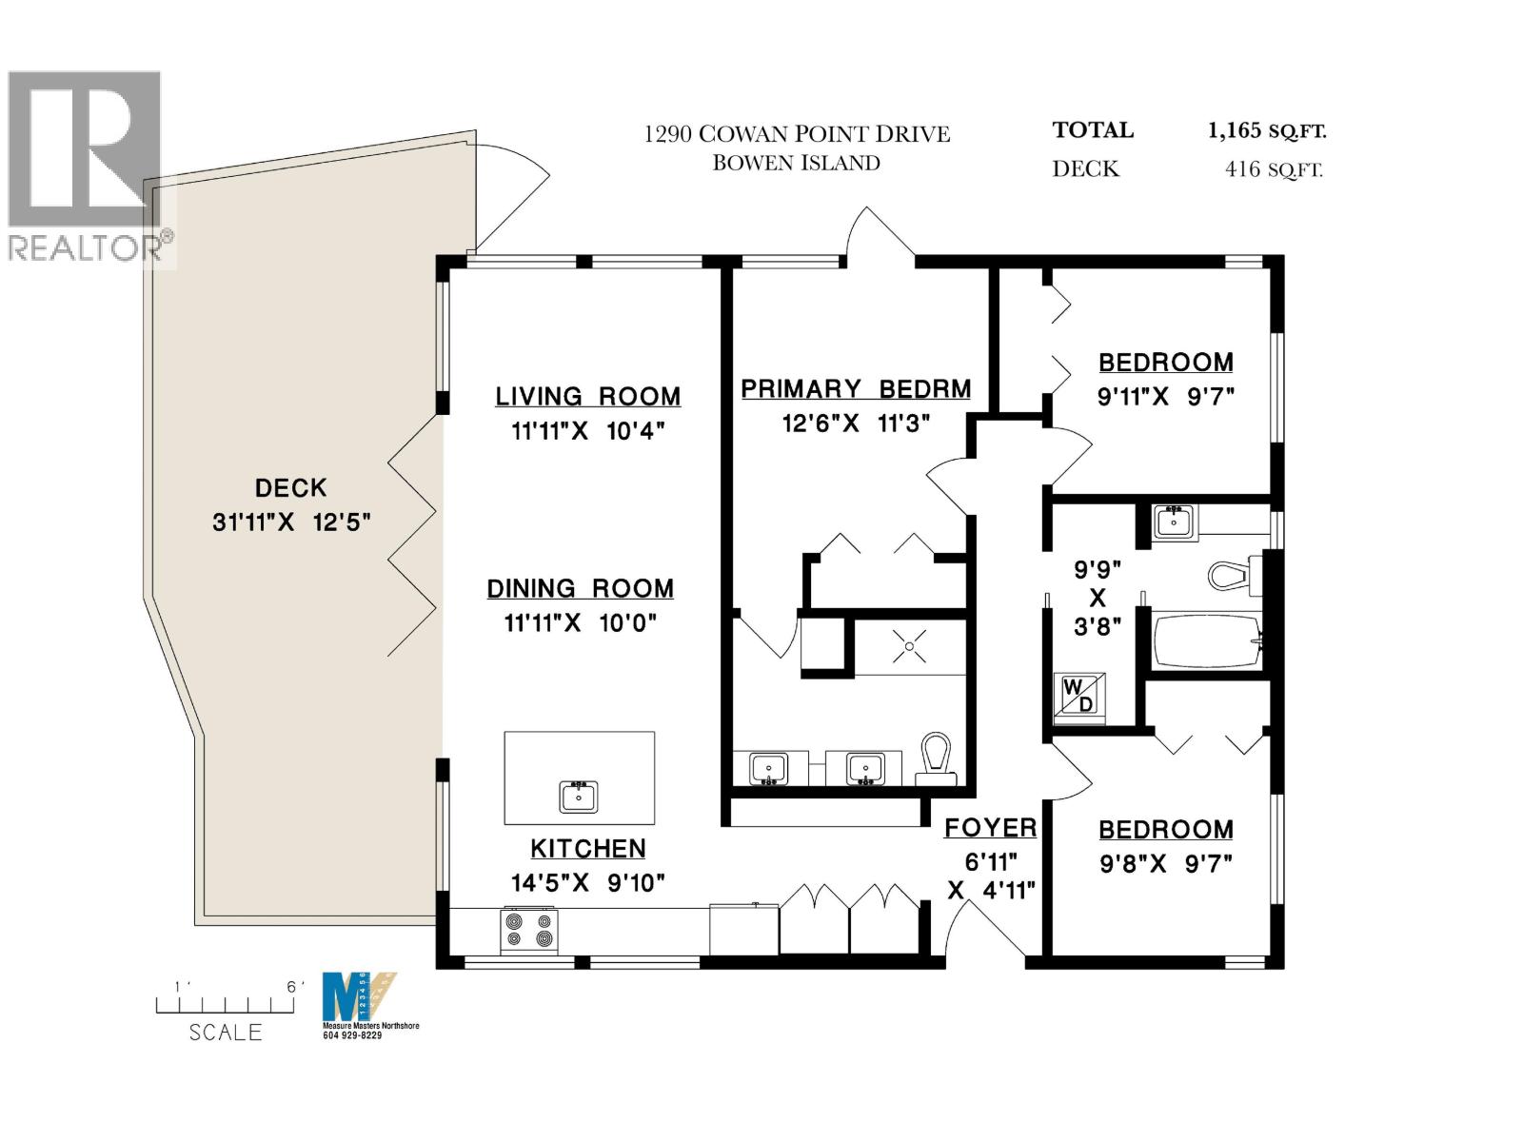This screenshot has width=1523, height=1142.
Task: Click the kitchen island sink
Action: point(579,796)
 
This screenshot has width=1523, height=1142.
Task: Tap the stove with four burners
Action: point(529,930)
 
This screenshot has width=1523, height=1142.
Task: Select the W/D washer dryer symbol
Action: point(1079,696)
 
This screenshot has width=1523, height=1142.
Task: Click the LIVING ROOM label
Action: point(587,396)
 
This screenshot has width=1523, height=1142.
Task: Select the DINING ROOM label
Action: point(580,588)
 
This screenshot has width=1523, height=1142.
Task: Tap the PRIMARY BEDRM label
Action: point(856,388)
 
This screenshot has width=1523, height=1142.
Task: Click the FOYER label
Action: point(990,828)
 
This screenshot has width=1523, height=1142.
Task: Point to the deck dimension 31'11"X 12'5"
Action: point(290,522)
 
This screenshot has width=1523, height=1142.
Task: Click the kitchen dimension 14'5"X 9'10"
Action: point(587,883)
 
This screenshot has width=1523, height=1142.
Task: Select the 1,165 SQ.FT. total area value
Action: point(1267,130)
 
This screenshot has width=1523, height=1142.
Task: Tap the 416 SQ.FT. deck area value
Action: point(1273,170)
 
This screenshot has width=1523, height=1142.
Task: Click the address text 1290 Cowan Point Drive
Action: point(797,134)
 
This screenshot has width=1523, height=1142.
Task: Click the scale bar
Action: point(225,1004)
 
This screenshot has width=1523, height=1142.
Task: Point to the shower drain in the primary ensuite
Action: point(910,647)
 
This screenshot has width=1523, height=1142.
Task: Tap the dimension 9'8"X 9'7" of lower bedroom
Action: point(1166,864)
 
